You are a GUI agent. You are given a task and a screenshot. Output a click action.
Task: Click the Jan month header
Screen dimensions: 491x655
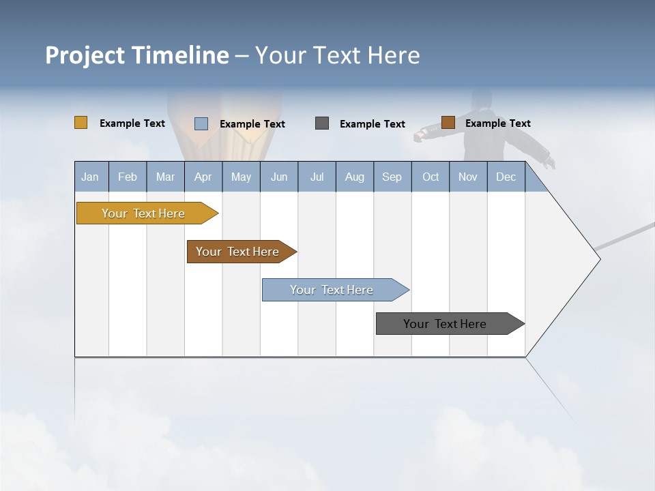pos(91,177)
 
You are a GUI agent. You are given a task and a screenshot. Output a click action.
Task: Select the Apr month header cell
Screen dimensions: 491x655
pos(203,177)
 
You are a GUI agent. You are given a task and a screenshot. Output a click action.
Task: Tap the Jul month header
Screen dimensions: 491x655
pos(317,177)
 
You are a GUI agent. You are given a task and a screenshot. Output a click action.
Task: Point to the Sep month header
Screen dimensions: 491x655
pos(392,177)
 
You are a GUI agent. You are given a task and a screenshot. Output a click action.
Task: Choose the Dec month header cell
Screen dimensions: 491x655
pos(506,177)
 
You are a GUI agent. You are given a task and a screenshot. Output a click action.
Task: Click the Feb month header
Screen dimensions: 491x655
pos(128,177)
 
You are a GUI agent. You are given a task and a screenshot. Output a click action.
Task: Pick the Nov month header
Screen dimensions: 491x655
pos(468,177)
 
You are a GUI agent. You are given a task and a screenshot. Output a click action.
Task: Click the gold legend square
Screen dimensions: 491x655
pos(81,123)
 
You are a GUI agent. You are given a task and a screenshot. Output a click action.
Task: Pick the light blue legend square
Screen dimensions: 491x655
pos(201,123)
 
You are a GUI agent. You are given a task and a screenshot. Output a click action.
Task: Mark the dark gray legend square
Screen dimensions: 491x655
pos(322,123)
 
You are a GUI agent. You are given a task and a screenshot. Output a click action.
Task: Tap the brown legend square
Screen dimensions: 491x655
pos(448,123)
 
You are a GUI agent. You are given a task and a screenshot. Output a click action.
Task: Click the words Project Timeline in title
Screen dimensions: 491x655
pos(137,55)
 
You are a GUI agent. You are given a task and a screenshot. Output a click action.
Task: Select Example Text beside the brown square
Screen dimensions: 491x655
pos(498,123)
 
